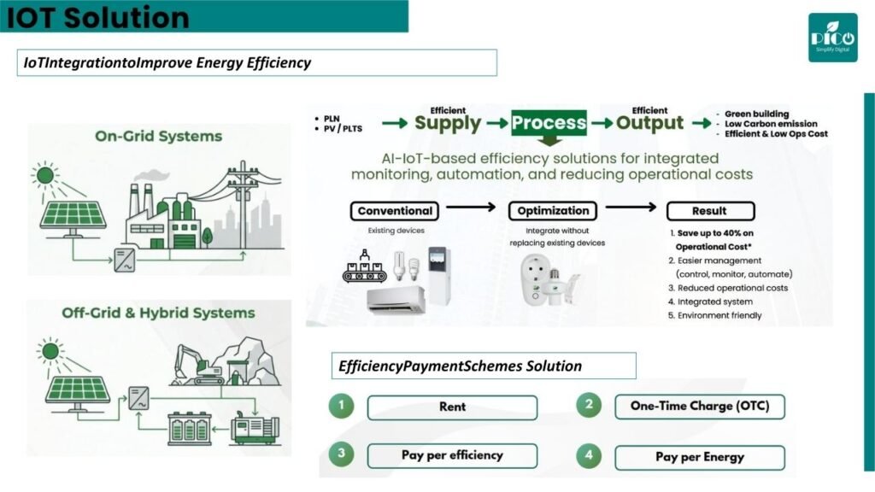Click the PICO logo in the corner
coord(832,38)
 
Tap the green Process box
coord(549,123)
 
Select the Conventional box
coord(395,211)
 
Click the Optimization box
coord(553,211)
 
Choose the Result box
coord(710,211)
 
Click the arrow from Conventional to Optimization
coord(471,207)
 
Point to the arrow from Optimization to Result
coord(631,207)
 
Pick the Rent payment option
coord(452,407)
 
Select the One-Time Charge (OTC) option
coord(700,406)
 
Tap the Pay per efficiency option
coord(452,456)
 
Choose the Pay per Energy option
coord(700,458)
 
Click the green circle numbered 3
coord(342,454)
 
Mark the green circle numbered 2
coord(589,405)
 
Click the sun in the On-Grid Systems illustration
coord(44,176)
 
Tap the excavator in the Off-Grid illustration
coord(199,366)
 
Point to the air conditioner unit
coord(396,300)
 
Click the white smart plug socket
coord(534,280)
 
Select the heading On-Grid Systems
coord(158,136)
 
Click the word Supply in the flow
coord(448,123)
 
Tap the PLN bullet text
coord(332,119)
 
